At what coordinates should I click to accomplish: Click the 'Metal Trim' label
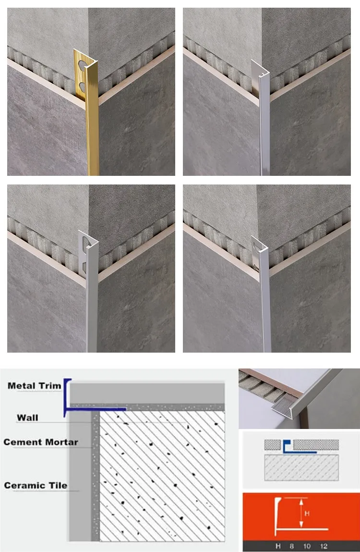click(x=35, y=385)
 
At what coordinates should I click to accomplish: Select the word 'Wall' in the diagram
click(x=27, y=417)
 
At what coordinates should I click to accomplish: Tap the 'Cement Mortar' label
click(x=41, y=442)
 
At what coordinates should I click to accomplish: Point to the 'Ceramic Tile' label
click(x=36, y=485)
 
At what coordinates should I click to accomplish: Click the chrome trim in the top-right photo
click(x=264, y=130)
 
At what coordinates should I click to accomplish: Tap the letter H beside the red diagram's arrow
click(x=307, y=513)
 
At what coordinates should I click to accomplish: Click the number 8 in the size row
click(x=291, y=546)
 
